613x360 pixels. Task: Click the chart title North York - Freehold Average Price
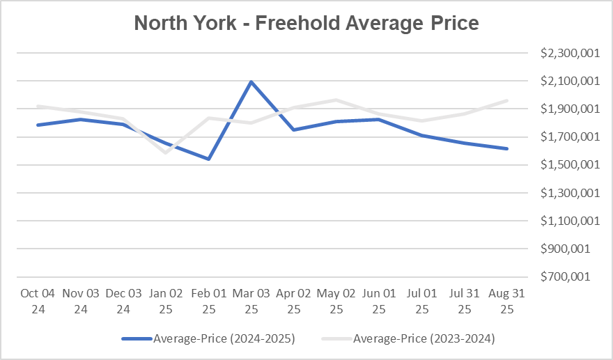[x=306, y=23]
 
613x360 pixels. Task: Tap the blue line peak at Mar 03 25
[x=251, y=81]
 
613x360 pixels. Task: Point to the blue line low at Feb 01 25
[x=208, y=159]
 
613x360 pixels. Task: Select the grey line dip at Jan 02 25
[x=166, y=152]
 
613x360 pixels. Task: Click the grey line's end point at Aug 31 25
[x=506, y=100]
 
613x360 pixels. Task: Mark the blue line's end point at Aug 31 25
[x=506, y=148]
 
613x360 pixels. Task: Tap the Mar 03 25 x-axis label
[x=251, y=301]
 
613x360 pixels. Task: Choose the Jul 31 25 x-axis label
[x=464, y=301]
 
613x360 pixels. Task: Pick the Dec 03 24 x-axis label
[x=123, y=301]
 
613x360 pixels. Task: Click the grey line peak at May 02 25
[x=336, y=100]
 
